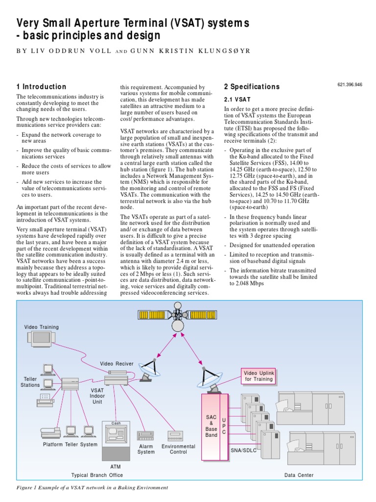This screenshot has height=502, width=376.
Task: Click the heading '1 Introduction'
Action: [41, 87]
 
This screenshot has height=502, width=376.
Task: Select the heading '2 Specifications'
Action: [252, 87]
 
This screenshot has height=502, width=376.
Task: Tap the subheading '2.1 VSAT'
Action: [237, 99]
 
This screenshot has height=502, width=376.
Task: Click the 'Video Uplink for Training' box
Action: [259, 376]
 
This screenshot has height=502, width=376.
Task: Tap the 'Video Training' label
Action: [42, 327]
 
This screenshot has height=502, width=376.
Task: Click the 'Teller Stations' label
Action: [30, 382]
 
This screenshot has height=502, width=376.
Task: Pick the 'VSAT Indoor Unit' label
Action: [97, 395]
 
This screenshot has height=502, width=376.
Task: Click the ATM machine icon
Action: [116, 437]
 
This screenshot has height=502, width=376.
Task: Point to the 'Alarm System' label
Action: [145, 449]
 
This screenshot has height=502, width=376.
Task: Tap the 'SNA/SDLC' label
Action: [243, 449]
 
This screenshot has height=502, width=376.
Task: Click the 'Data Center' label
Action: [299, 475]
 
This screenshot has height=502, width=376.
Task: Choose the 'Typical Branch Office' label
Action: [97, 475]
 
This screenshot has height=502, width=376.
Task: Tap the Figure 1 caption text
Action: [93, 488]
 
